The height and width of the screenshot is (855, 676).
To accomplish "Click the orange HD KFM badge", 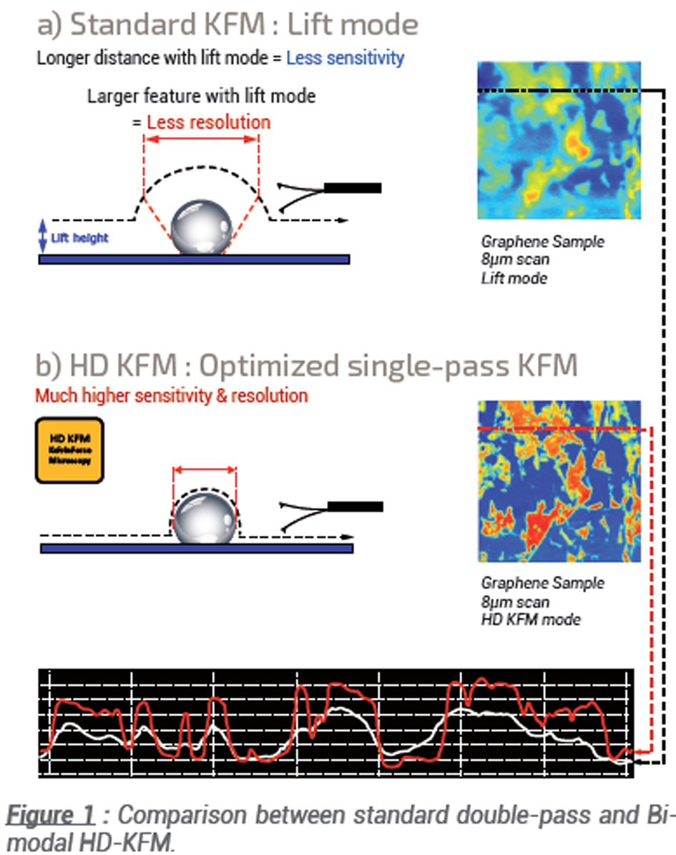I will point(69,452).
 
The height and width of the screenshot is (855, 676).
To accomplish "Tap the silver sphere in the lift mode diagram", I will point(202,225).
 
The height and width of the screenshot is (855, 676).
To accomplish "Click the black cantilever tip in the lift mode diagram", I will point(352,188).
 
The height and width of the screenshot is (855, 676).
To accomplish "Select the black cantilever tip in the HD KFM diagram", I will point(354,507).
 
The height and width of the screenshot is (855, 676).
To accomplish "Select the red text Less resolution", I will point(208,122).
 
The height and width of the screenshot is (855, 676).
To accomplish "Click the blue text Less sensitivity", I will point(345,57).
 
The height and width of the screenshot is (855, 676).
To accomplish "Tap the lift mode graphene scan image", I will point(559,140).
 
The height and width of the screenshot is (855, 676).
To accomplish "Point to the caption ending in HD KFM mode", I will point(532,601).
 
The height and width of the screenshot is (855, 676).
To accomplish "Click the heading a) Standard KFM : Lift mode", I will point(227,25).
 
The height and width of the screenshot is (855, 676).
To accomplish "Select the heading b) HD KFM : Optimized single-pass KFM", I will point(305,365).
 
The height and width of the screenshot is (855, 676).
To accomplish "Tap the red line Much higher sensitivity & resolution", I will point(172,395).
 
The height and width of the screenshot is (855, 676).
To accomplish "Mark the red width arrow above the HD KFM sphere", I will point(204,470).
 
